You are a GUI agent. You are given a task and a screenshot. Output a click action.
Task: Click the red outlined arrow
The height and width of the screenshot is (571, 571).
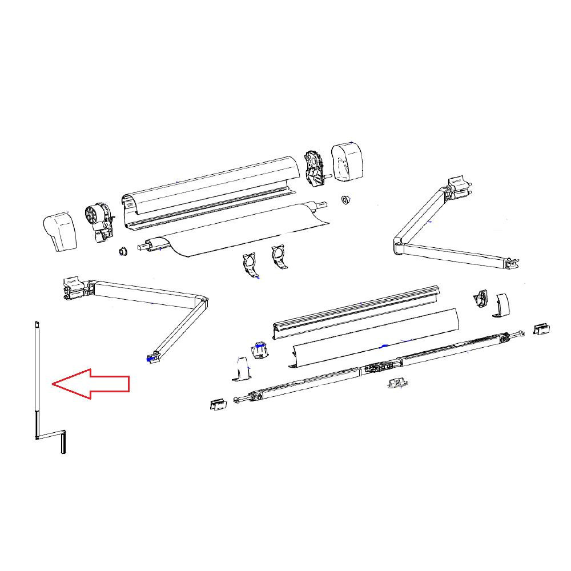coord(91,384)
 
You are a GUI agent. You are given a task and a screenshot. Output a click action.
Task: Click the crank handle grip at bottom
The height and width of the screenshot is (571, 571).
coord(63,442)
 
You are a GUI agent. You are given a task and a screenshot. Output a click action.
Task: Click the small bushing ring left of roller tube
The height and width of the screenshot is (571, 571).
coord(122,252)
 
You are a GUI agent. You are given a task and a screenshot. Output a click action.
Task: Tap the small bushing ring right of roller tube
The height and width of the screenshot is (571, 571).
coord(345,200)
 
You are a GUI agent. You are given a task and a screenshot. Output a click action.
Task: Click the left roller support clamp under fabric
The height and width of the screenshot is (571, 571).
coord(251,266)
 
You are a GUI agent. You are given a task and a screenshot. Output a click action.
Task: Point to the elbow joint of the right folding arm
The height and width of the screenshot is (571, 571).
coord(398,247)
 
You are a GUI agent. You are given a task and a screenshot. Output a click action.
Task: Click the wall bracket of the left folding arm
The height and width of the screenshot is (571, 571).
coord(73,287)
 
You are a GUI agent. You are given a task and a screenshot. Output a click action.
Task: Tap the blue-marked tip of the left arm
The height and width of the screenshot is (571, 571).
coord(151,359)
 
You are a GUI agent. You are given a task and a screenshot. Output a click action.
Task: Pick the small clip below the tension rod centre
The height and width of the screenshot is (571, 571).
coord(395,383)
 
